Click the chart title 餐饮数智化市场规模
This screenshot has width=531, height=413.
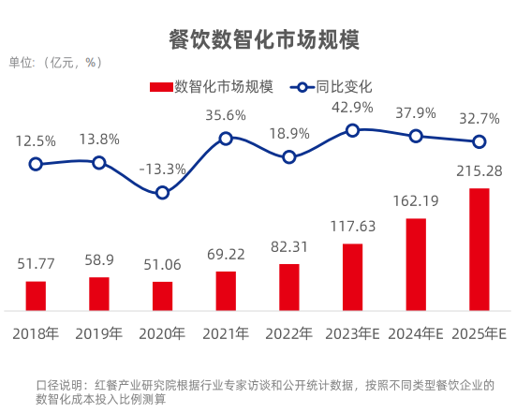coord(264,40)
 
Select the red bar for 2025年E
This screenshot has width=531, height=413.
coord(479,249)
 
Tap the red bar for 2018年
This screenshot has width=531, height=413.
coord(36,295)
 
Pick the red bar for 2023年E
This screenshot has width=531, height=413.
coord(352,276)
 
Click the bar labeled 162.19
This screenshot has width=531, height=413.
coord(416,264)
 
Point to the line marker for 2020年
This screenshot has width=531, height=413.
coord(162,192)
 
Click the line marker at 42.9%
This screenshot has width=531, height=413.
coord(352,130)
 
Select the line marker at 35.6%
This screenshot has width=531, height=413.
coord(226,139)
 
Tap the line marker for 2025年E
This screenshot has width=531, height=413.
coord(479,141)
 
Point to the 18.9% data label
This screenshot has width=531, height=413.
coord(289,133)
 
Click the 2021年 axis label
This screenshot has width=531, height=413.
coord(226,333)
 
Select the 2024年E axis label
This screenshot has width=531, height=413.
coord(416,333)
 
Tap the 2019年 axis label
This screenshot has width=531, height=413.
coord(99,333)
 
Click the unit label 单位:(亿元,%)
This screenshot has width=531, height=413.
coord(55,63)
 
